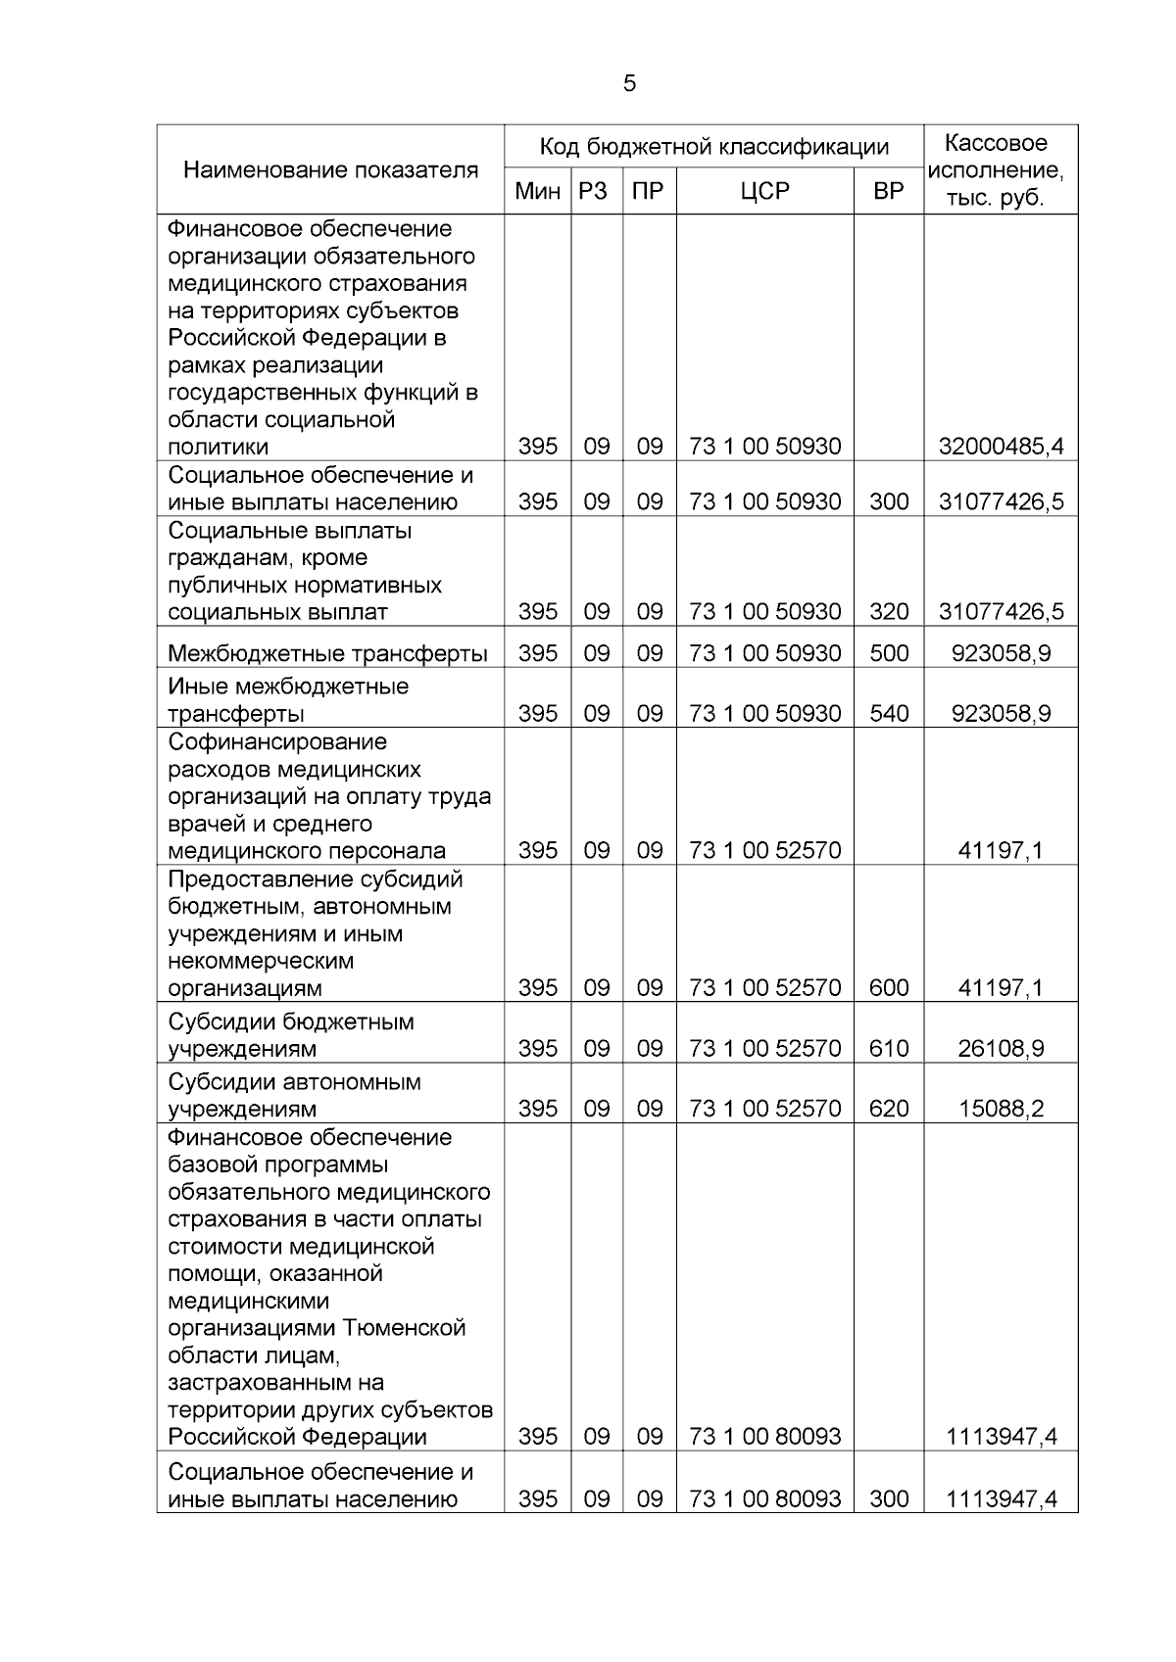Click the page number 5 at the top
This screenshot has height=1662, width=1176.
(x=629, y=83)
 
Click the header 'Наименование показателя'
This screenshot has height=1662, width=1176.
(x=330, y=170)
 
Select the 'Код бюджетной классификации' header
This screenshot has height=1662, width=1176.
(x=713, y=147)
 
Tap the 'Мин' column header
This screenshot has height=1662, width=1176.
(x=537, y=192)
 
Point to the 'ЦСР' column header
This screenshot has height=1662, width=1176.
(x=764, y=192)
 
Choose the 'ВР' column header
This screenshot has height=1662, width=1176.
(x=888, y=192)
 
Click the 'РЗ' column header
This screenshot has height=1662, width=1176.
(x=595, y=192)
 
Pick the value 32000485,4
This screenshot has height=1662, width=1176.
(x=1001, y=448)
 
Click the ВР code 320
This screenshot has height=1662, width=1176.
(x=889, y=612)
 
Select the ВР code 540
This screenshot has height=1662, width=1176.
(x=889, y=714)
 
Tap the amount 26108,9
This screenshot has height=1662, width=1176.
(x=1001, y=1049)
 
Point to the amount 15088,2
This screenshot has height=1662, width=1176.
(x=1001, y=1110)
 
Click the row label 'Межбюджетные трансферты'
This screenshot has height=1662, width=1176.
(x=327, y=653)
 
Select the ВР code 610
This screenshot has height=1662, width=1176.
(x=889, y=1049)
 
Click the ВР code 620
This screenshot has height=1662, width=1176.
(x=889, y=1110)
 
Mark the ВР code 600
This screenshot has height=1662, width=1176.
(x=889, y=988)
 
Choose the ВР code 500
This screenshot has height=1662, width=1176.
(x=889, y=653)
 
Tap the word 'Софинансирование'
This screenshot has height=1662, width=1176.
(x=277, y=742)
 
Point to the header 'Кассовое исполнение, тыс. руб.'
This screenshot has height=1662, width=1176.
(x=1000, y=170)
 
